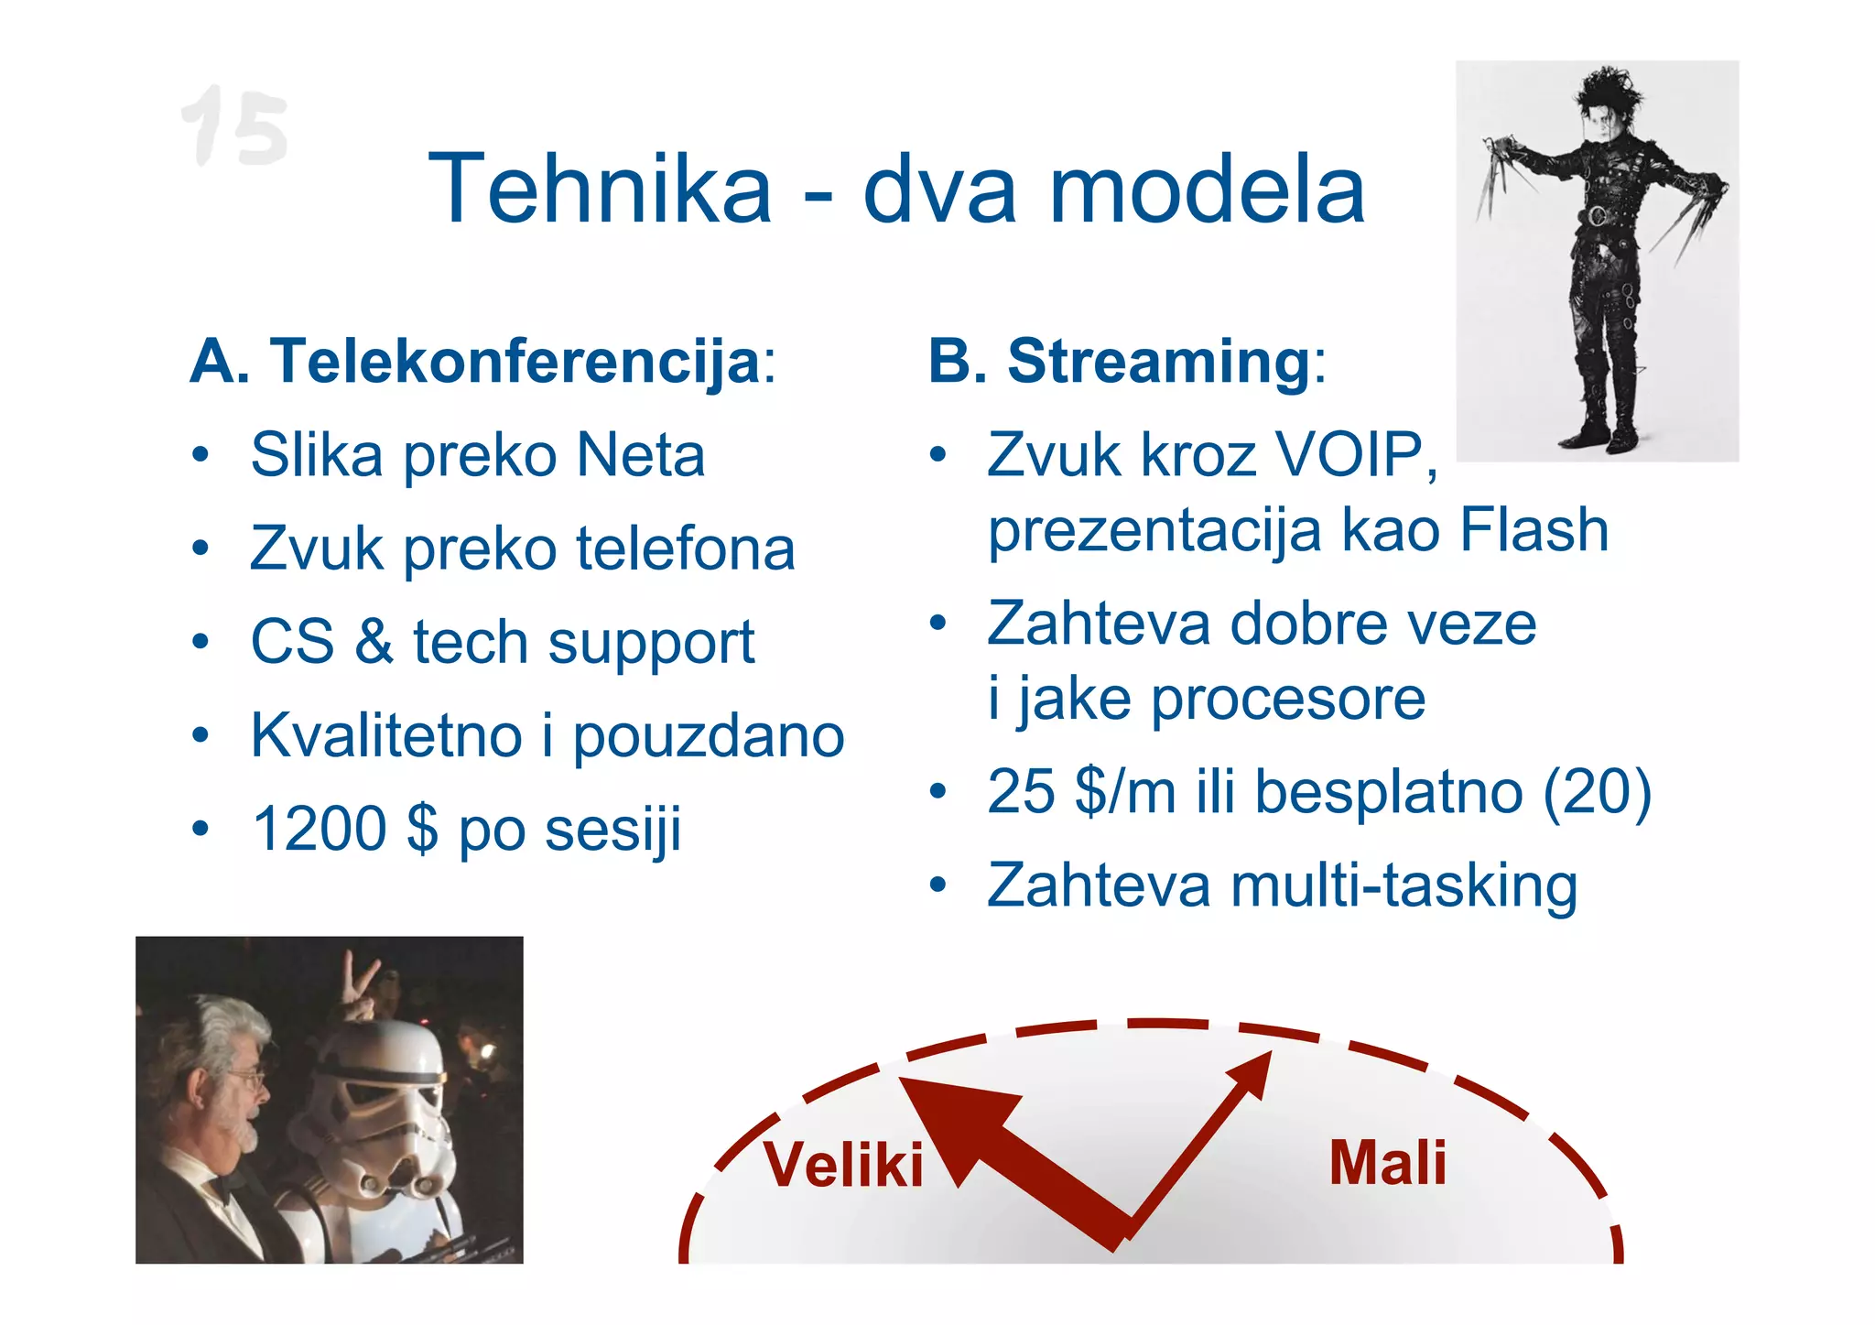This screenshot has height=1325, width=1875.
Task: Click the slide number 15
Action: (235, 126)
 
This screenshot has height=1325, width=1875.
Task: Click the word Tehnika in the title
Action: (600, 190)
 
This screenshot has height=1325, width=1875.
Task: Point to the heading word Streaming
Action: (1159, 361)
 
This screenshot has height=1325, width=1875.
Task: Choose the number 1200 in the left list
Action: (320, 829)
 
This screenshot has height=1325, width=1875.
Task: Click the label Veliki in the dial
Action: (843, 1165)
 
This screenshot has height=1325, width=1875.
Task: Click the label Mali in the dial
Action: (1387, 1163)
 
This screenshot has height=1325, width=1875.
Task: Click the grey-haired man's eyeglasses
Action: (251, 1081)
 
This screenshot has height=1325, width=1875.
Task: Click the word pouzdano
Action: (708, 735)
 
